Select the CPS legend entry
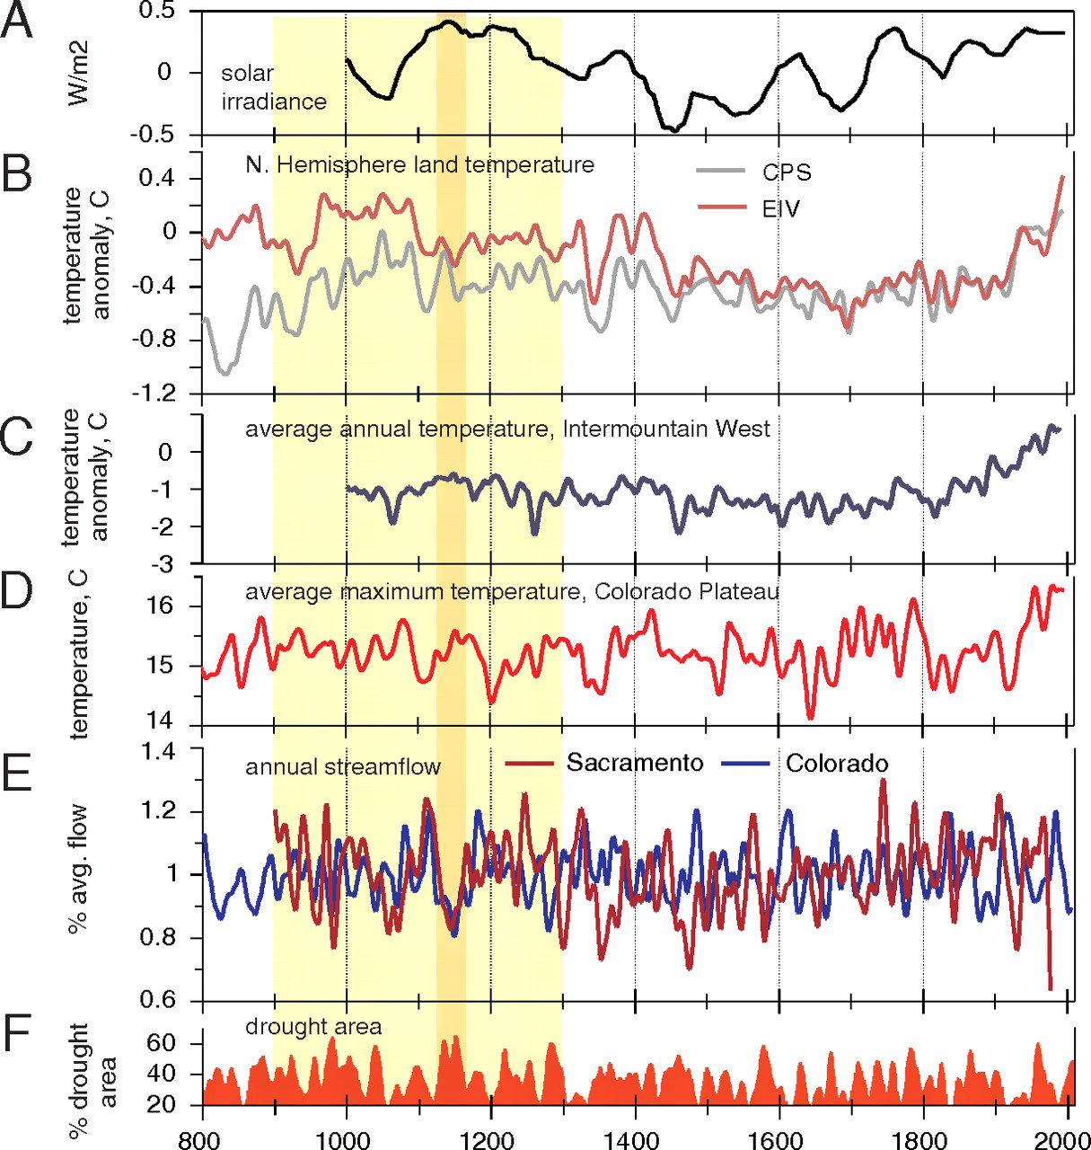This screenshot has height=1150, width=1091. (x=787, y=172)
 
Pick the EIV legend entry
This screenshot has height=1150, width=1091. (x=780, y=209)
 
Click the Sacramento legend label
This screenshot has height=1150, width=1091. (x=635, y=763)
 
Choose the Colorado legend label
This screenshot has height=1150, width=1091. (x=837, y=764)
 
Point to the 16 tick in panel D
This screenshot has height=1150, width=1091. (x=162, y=606)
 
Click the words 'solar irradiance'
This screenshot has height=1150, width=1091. (x=273, y=87)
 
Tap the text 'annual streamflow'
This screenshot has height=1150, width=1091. (x=343, y=766)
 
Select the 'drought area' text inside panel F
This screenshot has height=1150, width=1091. (x=313, y=1026)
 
